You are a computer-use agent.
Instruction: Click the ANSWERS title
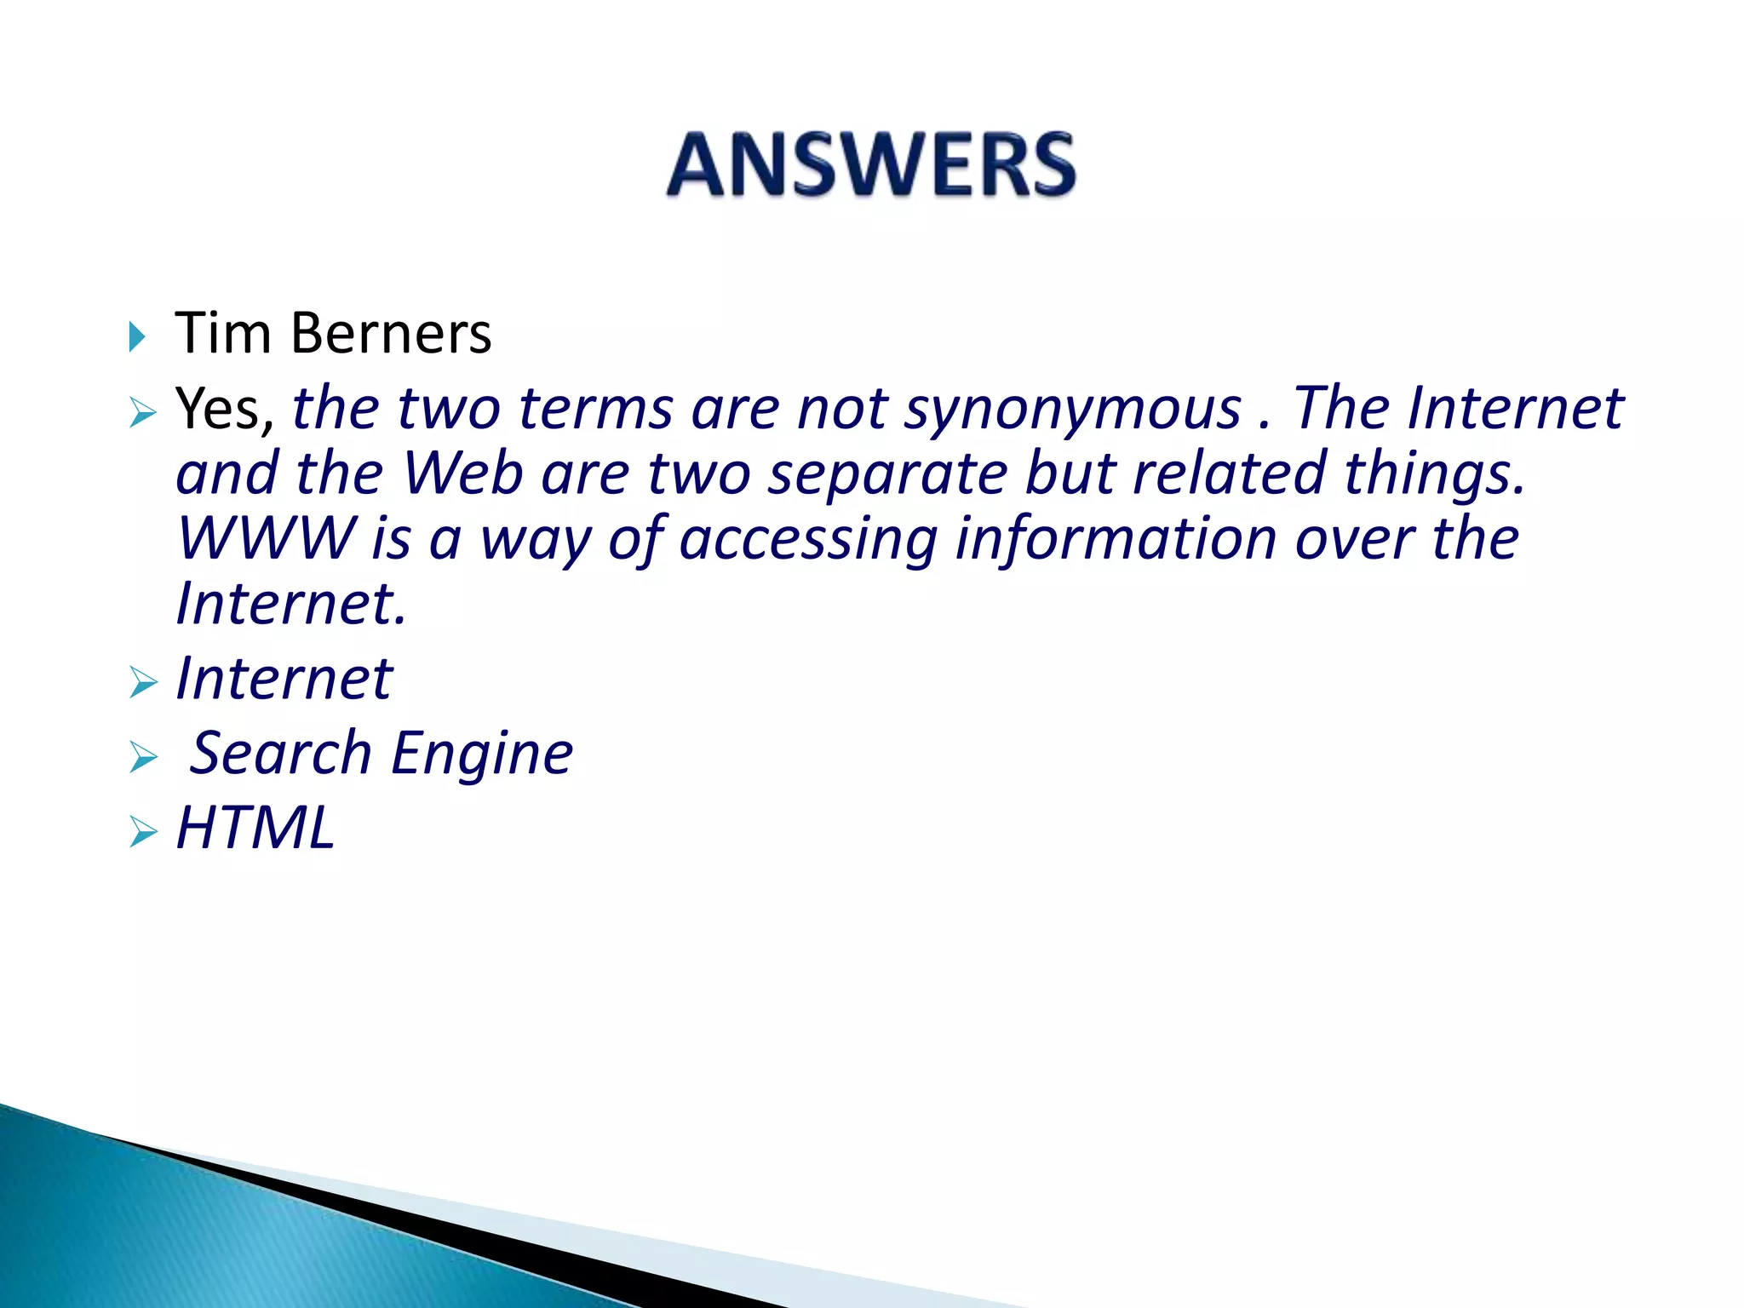[871, 165]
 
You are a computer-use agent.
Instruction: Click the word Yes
[223, 409]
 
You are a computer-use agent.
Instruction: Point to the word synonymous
[1072, 410]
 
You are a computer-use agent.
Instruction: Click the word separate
[887, 475]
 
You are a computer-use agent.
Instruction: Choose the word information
[1116, 540]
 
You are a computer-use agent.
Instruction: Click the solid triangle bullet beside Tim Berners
[137, 336]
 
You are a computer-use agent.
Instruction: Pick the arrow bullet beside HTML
[143, 832]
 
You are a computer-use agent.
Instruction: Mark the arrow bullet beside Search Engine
[143, 757]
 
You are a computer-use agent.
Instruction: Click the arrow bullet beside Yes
[143, 414]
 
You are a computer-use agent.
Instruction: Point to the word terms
[596, 409]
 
